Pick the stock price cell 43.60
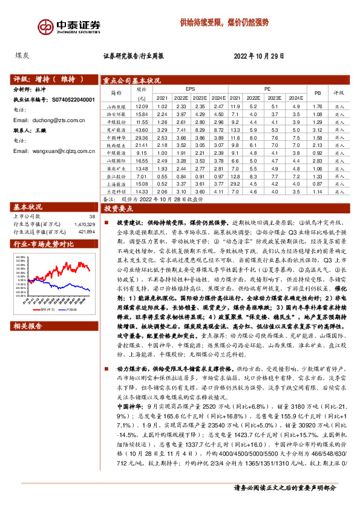pos(142,129)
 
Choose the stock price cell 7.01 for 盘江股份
pos(142,176)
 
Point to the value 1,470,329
pos(84,224)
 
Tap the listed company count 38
pos(91,216)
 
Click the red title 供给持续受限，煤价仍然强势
pos(224,23)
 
